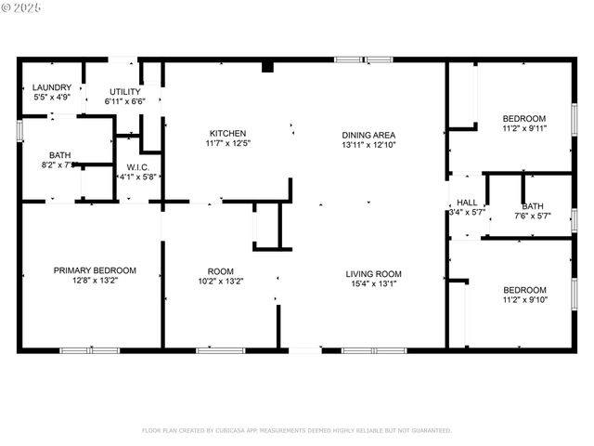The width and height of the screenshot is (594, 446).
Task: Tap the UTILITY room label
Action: pyautogui.click(x=124, y=91)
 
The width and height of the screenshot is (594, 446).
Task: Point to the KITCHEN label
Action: pyautogui.click(x=227, y=133)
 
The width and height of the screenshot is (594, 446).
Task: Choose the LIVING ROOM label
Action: pyautogui.click(x=373, y=273)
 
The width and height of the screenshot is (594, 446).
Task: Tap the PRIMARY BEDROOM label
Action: pyautogui.click(x=94, y=270)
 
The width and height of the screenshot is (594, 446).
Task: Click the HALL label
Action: pyautogui.click(x=466, y=203)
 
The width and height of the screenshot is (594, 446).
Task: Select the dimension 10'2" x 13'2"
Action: pyautogui.click(x=220, y=281)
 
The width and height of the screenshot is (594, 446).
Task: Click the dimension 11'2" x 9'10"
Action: pyautogui.click(x=525, y=299)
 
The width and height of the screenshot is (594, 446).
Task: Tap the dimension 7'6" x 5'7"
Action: pyautogui.click(x=533, y=216)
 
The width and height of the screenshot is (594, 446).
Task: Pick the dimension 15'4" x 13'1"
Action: pyautogui.click(x=373, y=283)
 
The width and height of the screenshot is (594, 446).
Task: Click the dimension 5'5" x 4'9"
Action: pyautogui.click(x=39, y=96)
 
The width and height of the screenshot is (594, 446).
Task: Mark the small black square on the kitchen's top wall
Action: pyautogui.click(x=267, y=67)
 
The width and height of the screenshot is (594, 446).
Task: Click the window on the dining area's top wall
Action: pyautogui.click(x=364, y=60)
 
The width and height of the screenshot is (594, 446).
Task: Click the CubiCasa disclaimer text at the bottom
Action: pyautogui.click(x=296, y=430)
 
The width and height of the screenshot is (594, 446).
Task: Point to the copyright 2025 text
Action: pyautogui.click(x=21, y=7)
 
